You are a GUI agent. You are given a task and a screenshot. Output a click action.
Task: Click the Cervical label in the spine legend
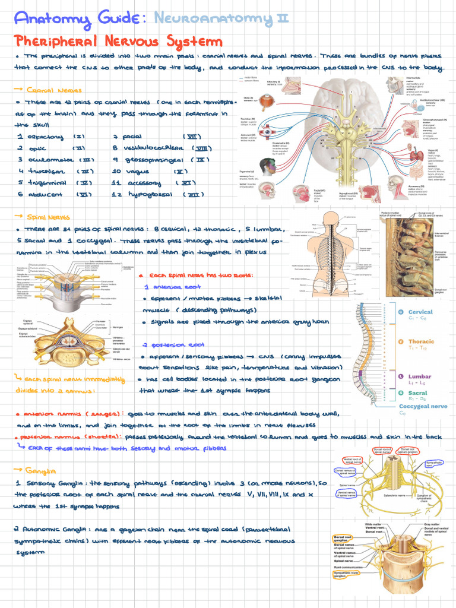point(420,312)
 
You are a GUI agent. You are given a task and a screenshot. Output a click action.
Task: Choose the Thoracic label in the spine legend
point(421,342)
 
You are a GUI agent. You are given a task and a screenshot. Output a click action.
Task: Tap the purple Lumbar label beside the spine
point(419,376)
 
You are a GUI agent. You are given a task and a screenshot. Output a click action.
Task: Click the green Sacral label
point(418,393)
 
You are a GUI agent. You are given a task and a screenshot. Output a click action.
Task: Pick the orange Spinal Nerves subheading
point(51,217)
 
